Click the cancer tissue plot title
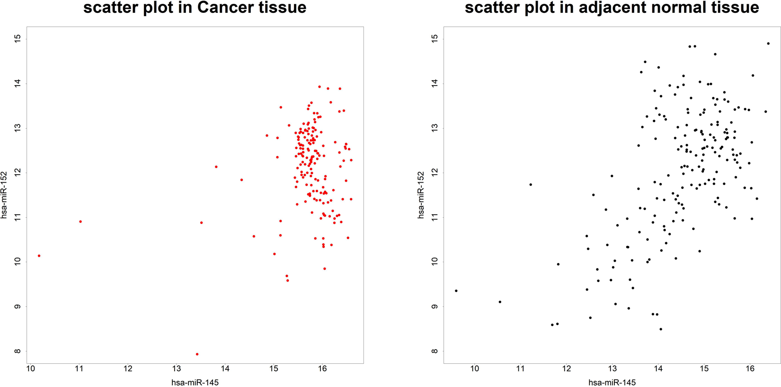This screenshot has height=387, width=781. (195, 8)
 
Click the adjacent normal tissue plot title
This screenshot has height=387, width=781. (612, 8)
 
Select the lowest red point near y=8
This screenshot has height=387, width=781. (197, 354)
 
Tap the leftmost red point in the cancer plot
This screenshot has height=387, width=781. (39, 256)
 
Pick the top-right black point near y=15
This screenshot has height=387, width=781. (768, 44)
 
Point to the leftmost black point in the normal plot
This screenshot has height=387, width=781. (456, 290)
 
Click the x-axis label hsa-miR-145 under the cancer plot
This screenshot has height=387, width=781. (195, 382)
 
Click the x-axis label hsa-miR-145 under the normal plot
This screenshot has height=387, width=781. (612, 382)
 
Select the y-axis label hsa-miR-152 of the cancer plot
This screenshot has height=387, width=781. (4, 195)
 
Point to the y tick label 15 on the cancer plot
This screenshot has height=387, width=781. (18, 39)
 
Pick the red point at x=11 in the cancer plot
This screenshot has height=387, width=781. (80, 221)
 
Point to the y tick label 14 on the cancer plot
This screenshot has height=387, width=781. (18, 83)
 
